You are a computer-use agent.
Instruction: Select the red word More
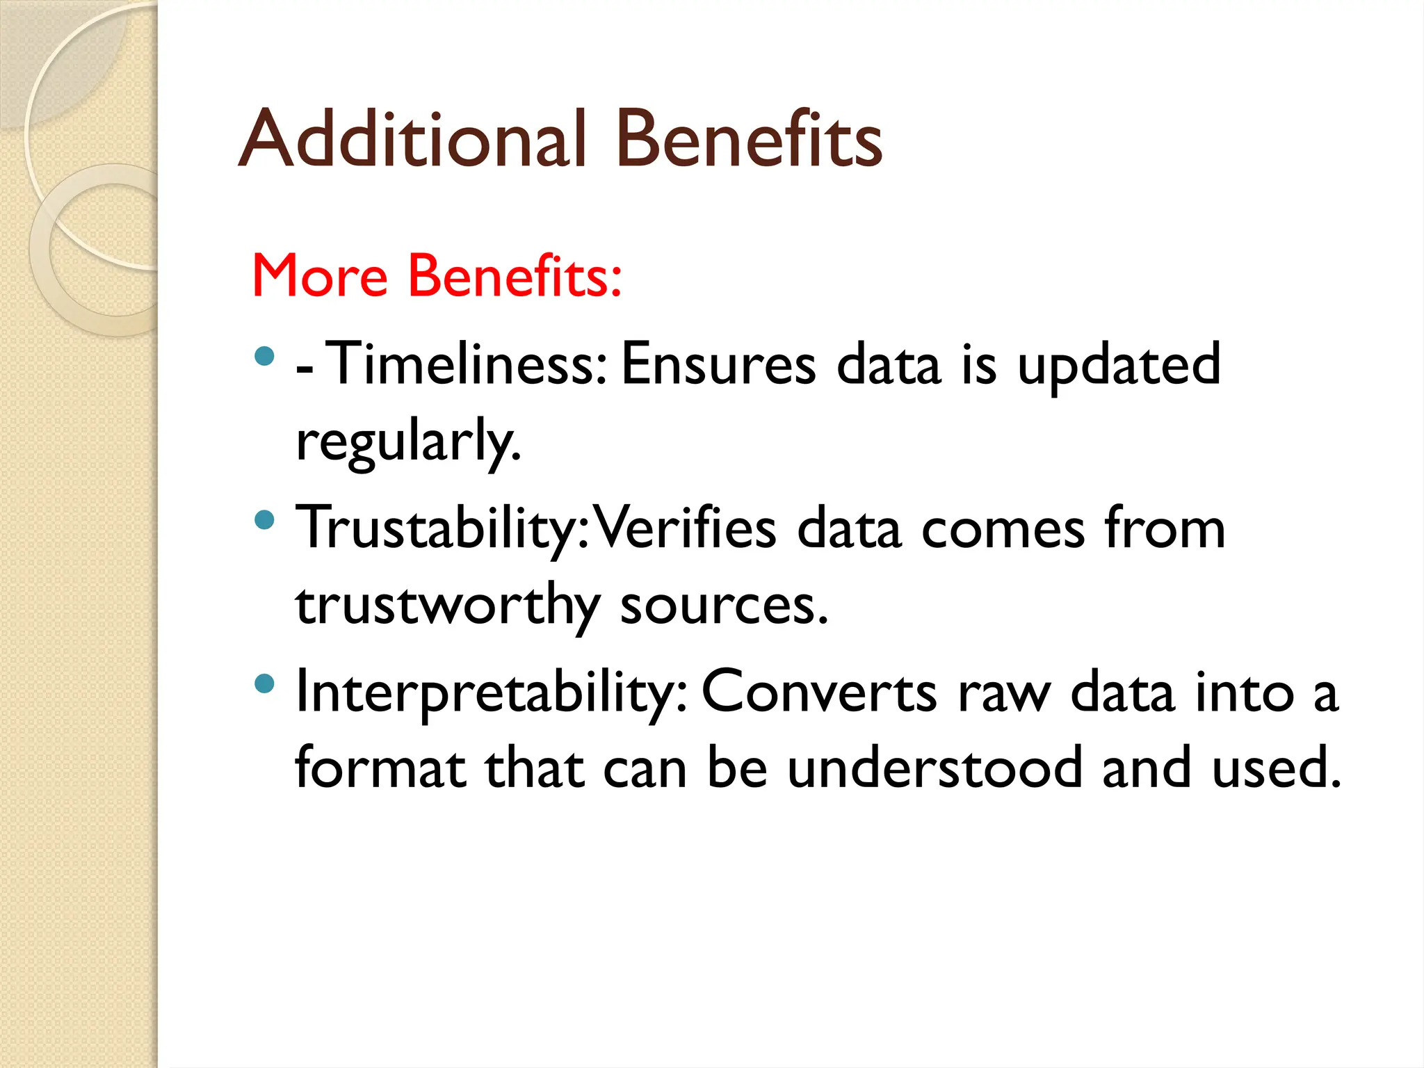coord(319,276)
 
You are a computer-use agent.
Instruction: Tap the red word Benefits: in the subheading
coord(515,276)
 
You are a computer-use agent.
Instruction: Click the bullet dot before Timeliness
coord(264,357)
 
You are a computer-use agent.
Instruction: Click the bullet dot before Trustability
coord(264,520)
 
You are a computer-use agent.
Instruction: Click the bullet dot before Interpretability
coord(264,683)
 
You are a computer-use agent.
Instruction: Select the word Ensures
coord(718,364)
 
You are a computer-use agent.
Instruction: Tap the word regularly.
coord(408,442)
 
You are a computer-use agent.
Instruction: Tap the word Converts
coord(819,693)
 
